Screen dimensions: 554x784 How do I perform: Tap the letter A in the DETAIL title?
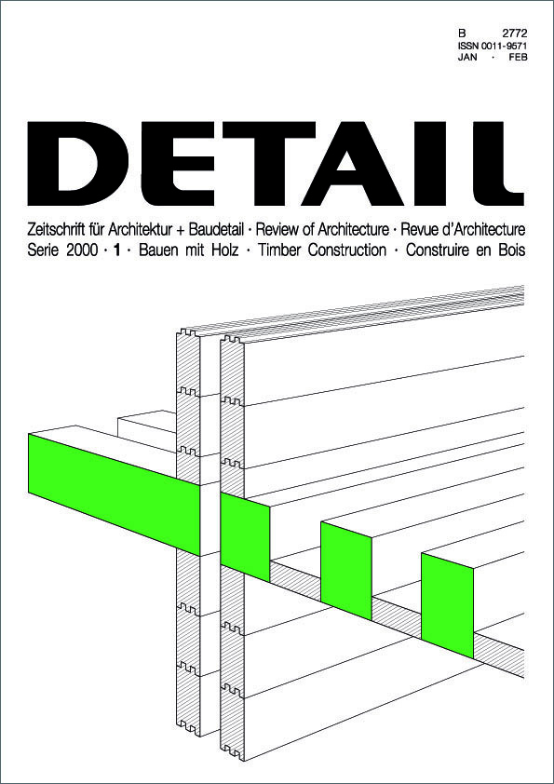(352, 164)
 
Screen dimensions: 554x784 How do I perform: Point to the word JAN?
(467, 57)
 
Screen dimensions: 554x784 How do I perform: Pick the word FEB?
(518, 57)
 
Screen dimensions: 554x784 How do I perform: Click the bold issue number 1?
(117, 250)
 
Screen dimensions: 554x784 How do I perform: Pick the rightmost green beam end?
(448, 605)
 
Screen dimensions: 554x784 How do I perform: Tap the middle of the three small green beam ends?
(346, 571)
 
